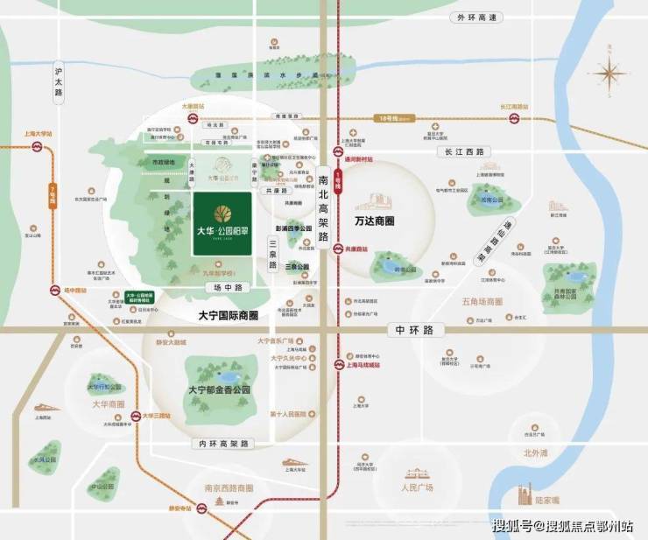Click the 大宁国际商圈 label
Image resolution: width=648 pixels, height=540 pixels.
tap(229, 315)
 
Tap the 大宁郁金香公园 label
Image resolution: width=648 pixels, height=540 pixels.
tap(220, 389)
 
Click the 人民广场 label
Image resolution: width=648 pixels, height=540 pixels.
tap(417, 487)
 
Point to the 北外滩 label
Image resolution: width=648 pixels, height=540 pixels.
tap(535, 452)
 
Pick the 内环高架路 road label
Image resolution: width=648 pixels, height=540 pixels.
tap(221, 444)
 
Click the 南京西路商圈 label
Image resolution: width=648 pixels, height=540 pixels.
tap(229, 487)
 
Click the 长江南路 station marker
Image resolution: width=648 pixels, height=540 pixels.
tap(516, 116)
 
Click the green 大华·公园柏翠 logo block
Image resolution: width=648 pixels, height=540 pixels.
tap(222, 224)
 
